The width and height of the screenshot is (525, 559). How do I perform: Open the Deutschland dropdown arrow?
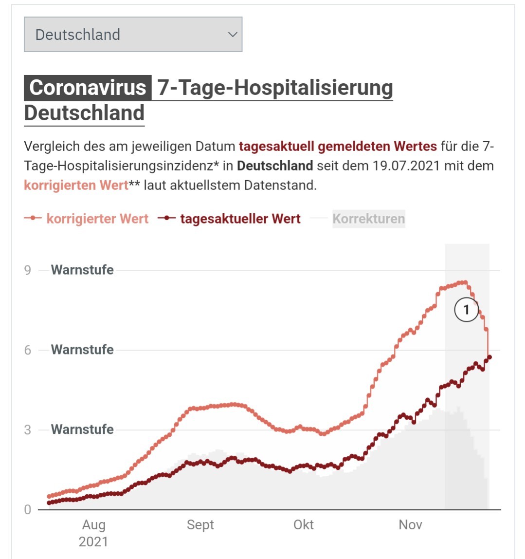[x=233, y=35]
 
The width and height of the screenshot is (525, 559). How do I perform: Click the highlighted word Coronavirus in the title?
[x=88, y=87]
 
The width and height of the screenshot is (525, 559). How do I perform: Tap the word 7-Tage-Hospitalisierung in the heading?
[x=275, y=88]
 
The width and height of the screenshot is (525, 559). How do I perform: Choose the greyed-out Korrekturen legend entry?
[x=369, y=219]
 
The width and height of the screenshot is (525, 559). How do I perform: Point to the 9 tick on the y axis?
[x=27, y=270]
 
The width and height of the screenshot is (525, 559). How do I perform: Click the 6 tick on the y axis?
[x=27, y=350]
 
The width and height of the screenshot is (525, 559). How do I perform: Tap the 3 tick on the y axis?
[x=27, y=430]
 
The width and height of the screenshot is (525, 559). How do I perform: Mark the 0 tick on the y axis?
[x=27, y=510]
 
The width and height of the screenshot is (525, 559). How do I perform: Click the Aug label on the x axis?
[x=94, y=525]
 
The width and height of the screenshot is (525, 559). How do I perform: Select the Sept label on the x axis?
[x=200, y=525]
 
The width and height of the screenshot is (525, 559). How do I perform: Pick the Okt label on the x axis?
[x=304, y=525]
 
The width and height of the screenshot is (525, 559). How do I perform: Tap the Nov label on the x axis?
[x=410, y=525]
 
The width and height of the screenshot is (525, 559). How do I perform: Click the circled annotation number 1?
[x=466, y=310]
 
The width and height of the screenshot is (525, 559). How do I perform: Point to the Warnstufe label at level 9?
[x=82, y=270]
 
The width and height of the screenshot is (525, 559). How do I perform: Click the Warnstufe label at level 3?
[x=82, y=429]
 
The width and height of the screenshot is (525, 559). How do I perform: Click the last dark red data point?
[x=489, y=357]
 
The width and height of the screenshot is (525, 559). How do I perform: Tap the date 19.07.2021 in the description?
[x=406, y=166]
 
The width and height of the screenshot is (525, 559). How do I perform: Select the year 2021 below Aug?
[x=93, y=542]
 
